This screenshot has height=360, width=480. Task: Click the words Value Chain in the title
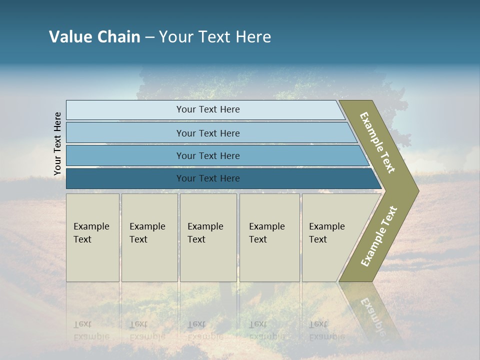[x=94, y=37]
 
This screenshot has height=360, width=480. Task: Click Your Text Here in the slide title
[x=215, y=37]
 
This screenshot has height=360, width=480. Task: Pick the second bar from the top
[x=207, y=133]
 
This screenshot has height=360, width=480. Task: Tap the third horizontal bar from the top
[x=207, y=155]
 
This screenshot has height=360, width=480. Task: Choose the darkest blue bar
[x=207, y=178]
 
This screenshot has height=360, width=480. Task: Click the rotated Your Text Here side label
[x=57, y=143]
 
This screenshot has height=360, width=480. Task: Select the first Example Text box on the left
[x=92, y=237]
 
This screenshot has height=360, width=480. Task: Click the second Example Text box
[x=149, y=237]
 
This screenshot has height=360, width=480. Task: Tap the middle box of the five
[x=208, y=237]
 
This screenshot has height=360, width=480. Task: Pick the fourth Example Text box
[x=269, y=237]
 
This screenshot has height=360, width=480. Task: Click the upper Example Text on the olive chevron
[x=378, y=142]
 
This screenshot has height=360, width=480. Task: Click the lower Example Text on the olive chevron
[x=379, y=236]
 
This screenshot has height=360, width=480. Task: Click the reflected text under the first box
[x=91, y=330]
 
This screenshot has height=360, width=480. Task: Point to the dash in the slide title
[x=149, y=37]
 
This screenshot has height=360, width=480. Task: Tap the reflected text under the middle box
[x=205, y=330]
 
